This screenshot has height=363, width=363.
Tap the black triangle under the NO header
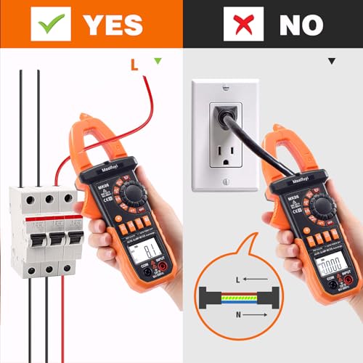click(x=331, y=62)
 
